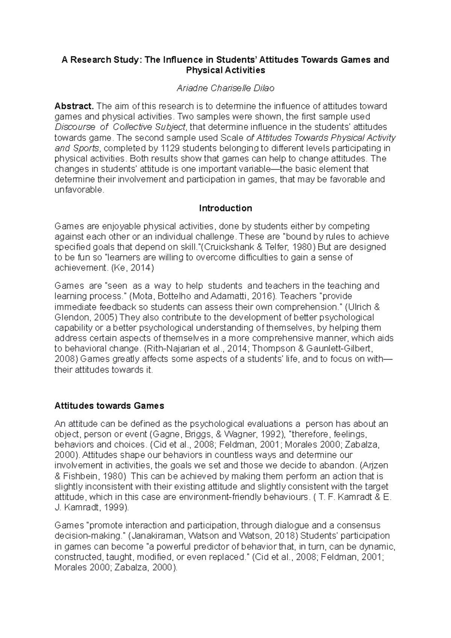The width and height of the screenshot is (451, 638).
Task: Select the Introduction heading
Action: [x=225, y=208]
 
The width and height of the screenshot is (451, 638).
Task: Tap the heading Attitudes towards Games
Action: [x=109, y=406]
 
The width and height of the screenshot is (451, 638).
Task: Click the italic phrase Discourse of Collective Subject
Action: [x=120, y=127]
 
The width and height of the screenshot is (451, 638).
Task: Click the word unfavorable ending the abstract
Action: [x=78, y=190]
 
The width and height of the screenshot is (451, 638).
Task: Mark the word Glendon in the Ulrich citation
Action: [x=70, y=317]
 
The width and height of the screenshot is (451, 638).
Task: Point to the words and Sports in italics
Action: [x=77, y=148]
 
